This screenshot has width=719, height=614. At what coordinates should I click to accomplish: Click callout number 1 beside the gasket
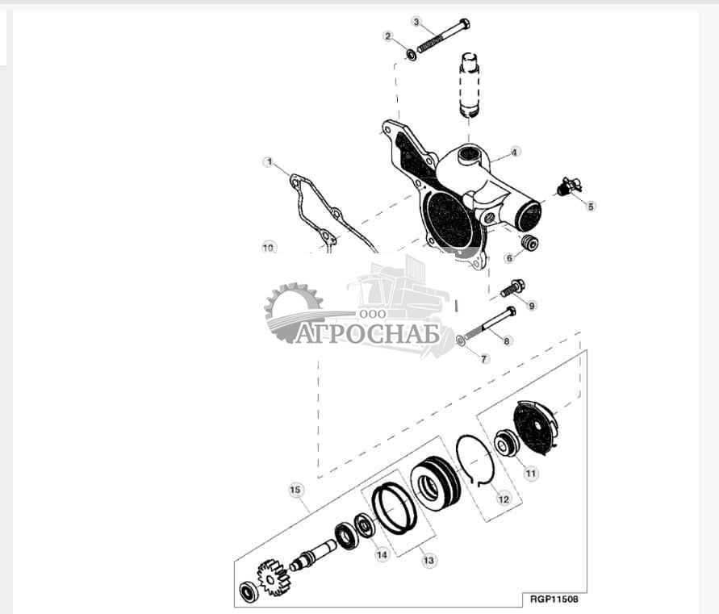pyautogui.click(x=268, y=162)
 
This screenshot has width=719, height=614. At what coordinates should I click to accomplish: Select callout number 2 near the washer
pyautogui.click(x=388, y=36)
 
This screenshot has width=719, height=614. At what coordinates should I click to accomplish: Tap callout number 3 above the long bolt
pyautogui.click(x=416, y=21)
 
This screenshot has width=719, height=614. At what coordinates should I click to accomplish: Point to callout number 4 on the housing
pyautogui.click(x=514, y=151)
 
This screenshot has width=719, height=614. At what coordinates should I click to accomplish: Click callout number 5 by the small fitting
pyautogui.click(x=591, y=206)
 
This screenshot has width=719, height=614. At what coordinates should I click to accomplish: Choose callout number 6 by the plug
pyautogui.click(x=509, y=258)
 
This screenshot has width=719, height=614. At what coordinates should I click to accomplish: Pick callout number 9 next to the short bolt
pyautogui.click(x=531, y=305)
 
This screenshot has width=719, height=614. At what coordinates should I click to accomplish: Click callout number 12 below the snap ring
pyautogui.click(x=503, y=499)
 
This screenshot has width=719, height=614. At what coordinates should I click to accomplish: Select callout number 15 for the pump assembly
pyautogui.click(x=295, y=490)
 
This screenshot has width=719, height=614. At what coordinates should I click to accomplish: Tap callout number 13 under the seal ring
pyautogui.click(x=428, y=559)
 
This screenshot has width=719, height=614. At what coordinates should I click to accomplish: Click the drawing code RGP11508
pyautogui.click(x=554, y=599)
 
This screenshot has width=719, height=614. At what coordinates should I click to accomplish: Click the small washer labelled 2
pyautogui.click(x=411, y=56)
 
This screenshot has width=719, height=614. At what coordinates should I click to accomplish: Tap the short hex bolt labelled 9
pyautogui.click(x=512, y=287)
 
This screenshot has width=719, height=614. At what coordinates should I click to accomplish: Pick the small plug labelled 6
pyautogui.click(x=529, y=243)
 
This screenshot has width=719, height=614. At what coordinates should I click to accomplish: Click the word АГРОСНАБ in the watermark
pyautogui.click(x=367, y=334)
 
